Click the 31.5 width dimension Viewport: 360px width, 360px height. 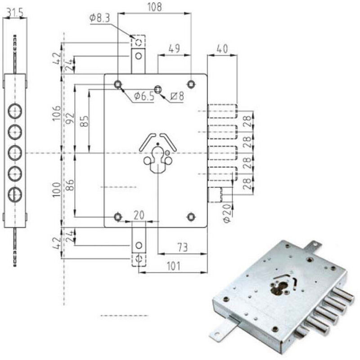14,12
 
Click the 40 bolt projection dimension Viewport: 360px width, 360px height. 222,49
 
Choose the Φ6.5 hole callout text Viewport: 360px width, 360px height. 144,96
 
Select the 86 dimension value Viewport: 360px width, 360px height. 69,185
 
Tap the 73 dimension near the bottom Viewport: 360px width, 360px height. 183,247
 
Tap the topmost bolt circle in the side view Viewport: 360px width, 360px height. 15,111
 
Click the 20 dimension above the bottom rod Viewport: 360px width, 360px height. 139,216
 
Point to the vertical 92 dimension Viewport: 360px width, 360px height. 69,118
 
